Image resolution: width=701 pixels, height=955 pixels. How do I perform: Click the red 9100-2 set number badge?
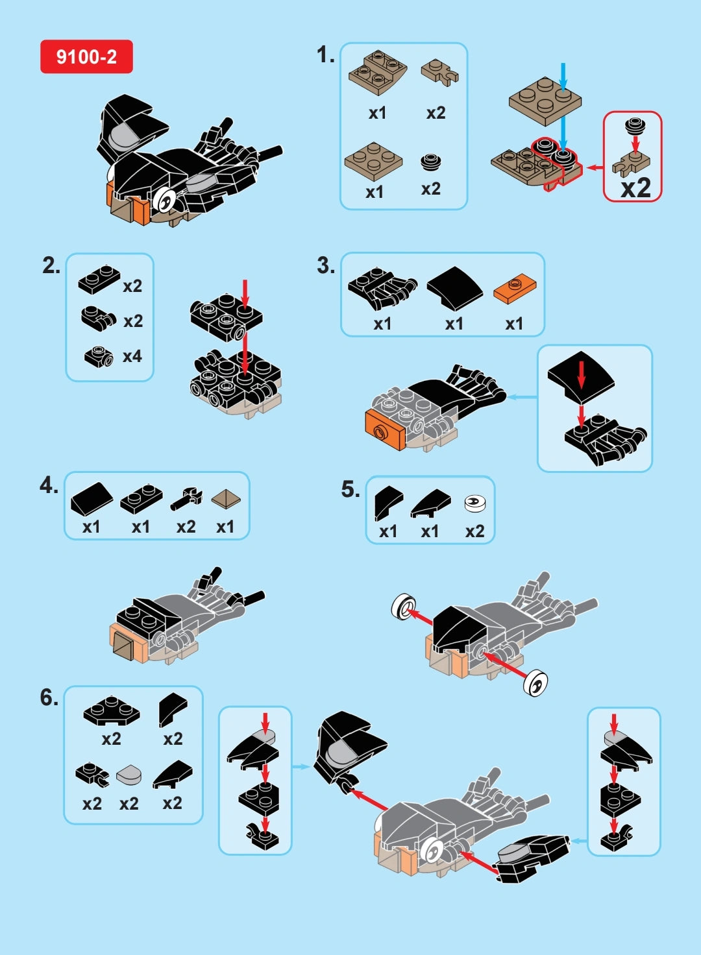tap(86, 56)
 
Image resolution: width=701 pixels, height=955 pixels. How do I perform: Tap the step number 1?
tap(325, 54)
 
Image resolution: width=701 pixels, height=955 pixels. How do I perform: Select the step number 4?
tap(49, 485)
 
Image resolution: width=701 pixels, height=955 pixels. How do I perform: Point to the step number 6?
tap(49, 697)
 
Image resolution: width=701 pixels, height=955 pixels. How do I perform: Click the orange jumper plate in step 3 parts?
tap(514, 287)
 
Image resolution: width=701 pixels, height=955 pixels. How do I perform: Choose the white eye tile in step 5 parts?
tap(475, 503)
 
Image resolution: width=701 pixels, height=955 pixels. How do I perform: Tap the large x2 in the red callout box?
tap(635, 188)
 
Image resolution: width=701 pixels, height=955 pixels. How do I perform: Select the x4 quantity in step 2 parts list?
tap(132, 356)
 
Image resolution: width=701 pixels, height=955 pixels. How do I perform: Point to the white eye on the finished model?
tap(165, 200)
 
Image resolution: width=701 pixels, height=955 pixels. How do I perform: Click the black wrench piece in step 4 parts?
tap(187, 499)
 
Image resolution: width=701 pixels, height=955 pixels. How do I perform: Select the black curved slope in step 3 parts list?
tap(454, 287)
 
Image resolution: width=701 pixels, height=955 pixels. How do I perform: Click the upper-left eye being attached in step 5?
tap(404, 608)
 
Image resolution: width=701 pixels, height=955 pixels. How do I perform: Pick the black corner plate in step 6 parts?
tap(111, 711)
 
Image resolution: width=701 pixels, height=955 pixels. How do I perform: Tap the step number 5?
tap(350, 489)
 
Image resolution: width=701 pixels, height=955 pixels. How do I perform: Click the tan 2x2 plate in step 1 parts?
tap(373, 160)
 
